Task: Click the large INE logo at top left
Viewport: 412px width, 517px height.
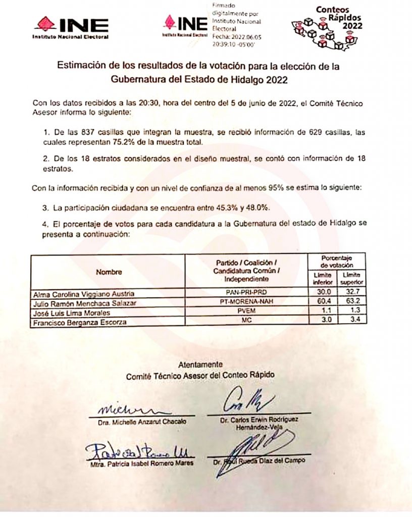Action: pos(71,26)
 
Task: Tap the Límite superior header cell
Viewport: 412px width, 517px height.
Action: pos(351,278)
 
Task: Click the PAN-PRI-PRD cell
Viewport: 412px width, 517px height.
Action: pos(246,293)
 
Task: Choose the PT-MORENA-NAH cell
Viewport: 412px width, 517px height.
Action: pos(246,303)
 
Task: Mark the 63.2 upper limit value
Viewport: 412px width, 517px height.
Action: pos(351,303)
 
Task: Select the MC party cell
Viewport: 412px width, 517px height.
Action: pos(246,321)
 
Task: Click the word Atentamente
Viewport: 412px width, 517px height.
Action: pos(200,365)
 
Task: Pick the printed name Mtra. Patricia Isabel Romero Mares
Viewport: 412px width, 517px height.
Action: pos(139,461)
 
